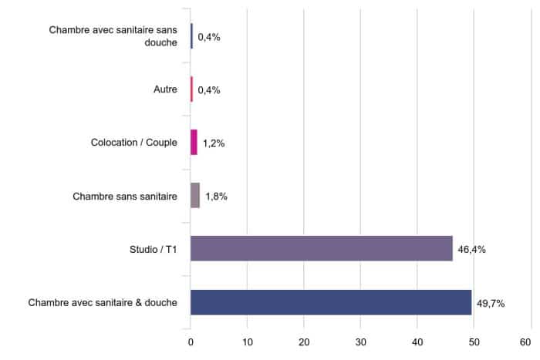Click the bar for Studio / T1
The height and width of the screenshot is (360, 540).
pyautogui.click(x=321, y=249)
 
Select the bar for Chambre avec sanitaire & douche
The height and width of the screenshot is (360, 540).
pyautogui.click(x=330, y=302)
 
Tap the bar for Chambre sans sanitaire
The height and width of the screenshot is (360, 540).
pyautogui.click(x=195, y=196)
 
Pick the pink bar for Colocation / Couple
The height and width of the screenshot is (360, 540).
pyautogui.click(x=194, y=143)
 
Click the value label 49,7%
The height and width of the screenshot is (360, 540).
pyautogui.click(x=491, y=303)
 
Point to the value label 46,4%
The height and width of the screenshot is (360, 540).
pyautogui.click(x=471, y=250)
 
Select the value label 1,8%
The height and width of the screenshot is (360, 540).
pyautogui.click(x=216, y=197)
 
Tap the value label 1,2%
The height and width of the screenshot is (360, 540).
pyautogui.click(x=214, y=143)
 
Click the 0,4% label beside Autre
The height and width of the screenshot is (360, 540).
pyautogui.click(x=209, y=90)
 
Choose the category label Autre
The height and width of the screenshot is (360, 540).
pyautogui.click(x=165, y=90)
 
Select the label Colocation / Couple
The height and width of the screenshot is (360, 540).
pyautogui.click(x=134, y=143)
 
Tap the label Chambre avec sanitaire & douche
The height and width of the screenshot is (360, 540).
pyautogui.click(x=103, y=303)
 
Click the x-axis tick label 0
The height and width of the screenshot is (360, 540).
pyautogui.click(x=191, y=341)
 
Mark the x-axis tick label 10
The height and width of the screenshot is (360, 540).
pyautogui.click(x=247, y=341)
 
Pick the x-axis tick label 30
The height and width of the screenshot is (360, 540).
pyautogui.click(x=360, y=341)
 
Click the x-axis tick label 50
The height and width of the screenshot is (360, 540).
pyautogui.click(x=474, y=341)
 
